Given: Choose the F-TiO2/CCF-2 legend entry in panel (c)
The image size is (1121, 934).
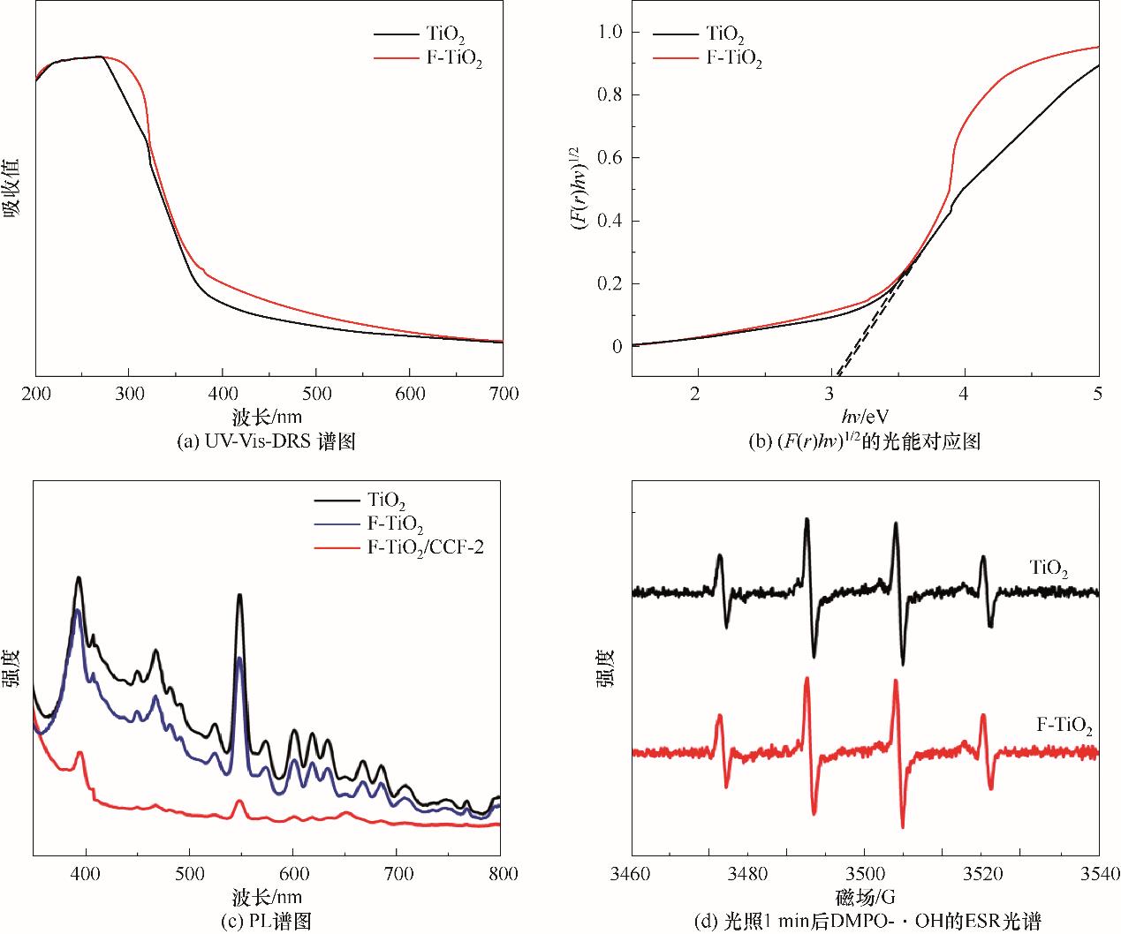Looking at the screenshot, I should pyautogui.click(x=424, y=547).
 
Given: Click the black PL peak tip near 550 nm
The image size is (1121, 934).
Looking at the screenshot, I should pyautogui.click(x=239, y=595).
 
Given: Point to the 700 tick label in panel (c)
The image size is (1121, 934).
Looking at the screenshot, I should pyautogui.click(x=397, y=874).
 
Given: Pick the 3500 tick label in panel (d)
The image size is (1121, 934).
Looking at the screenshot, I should pyautogui.click(x=865, y=874).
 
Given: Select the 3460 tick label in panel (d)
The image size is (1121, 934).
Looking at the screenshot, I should pyautogui.click(x=632, y=874).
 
